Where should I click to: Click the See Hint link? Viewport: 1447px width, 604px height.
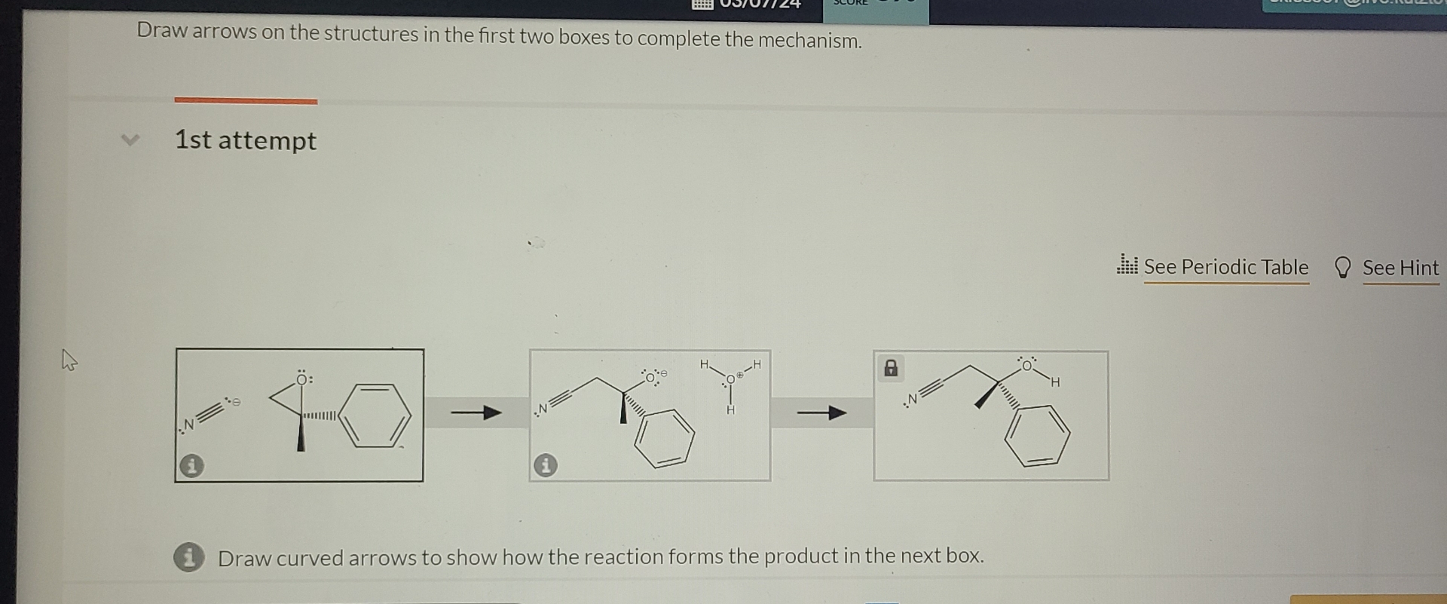pyautogui.click(x=1400, y=268)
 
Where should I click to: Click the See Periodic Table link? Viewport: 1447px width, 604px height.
pyautogui.click(x=1225, y=267)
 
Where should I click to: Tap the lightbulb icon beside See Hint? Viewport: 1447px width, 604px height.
pyautogui.click(x=1342, y=268)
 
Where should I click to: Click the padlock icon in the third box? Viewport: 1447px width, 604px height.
pyautogui.click(x=891, y=368)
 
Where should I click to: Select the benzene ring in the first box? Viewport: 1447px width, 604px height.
pyautogui.click(x=375, y=415)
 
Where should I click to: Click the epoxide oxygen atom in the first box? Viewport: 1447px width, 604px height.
pyautogui.click(x=303, y=379)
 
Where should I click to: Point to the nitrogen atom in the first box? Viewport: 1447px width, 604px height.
pyautogui.click(x=188, y=425)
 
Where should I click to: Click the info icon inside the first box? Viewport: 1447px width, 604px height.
pyautogui.click(x=191, y=465)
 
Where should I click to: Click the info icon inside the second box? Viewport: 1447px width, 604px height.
pyautogui.click(x=546, y=465)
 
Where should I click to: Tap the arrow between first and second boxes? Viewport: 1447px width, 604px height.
pyautogui.click(x=476, y=412)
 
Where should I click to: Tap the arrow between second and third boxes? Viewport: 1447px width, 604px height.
pyautogui.click(x=821, y=412)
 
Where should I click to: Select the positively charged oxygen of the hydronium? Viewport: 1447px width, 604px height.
pyautogui.click(x=730, y=379)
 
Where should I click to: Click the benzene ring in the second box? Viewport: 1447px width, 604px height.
pyautogui.click(x=664, y=438)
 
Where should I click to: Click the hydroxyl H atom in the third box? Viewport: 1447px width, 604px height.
pyautogui.click(x=1055, y=382)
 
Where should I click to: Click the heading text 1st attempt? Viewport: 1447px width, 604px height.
pyautogui.click(x=245, y=140)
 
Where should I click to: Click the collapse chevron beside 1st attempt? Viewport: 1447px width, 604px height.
pyautogui.click(x=130, y=140)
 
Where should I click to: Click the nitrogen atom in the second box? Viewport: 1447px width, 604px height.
pyautogui.click(x=542, y=409)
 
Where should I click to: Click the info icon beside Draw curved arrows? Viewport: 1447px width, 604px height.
pyautogui.click(x=188, y=557)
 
